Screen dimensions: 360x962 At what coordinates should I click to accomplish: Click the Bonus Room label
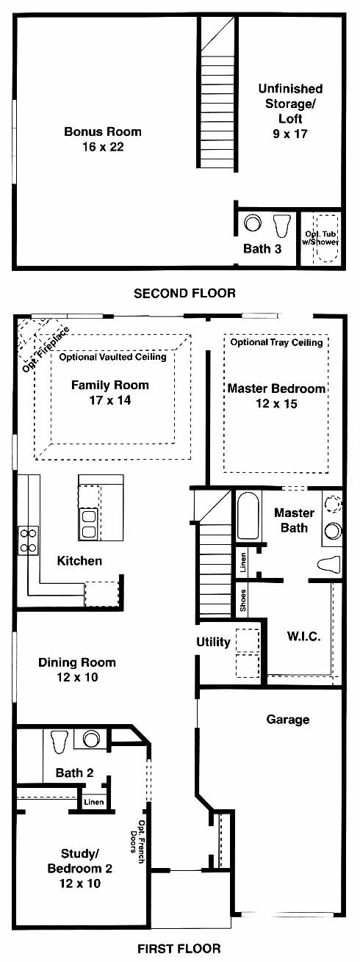pyautogui.click(x=103, y=131)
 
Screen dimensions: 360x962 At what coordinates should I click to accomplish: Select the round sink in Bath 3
pyautogui.click(x=253, y=223)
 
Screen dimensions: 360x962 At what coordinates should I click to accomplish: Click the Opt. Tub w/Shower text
pyautogui.click(x=320, y=237)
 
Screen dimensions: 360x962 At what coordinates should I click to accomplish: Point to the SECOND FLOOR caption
pyautogui.click(x=184, y=293)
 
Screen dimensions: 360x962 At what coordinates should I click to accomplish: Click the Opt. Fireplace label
pyautogui.click(x=46, y=350)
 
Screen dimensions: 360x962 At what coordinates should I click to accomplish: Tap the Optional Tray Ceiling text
pyautogui.click(x=277, y=342)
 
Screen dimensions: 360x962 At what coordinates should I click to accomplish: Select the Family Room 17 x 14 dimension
pyautogui.click(x=110, y=400)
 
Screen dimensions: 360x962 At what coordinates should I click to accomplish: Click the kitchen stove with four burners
pyautogui.click(x=28, y=540)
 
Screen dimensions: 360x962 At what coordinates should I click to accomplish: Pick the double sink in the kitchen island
pyautogui.click(x=90, y=524)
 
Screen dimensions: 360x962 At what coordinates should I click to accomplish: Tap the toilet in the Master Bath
pyautogui.click(x=328, y=564)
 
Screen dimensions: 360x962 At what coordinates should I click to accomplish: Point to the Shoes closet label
pyautogui.click(x=242, y=601)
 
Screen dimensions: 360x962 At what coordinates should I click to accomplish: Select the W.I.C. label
pyautogui.click(x=303, y=637)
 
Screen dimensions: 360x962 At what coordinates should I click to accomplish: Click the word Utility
pyautogui.click(x=213, y=642)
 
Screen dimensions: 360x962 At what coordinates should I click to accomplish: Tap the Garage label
pyautogui.click(x=288, y=720)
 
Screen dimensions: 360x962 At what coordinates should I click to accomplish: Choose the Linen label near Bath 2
pyautogui.click(x=93, y=802)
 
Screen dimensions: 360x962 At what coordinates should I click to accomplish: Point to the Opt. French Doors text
pyautogui.click(x=137, y=842)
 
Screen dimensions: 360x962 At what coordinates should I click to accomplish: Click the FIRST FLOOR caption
pyautogui.click(x=179, y=948)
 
